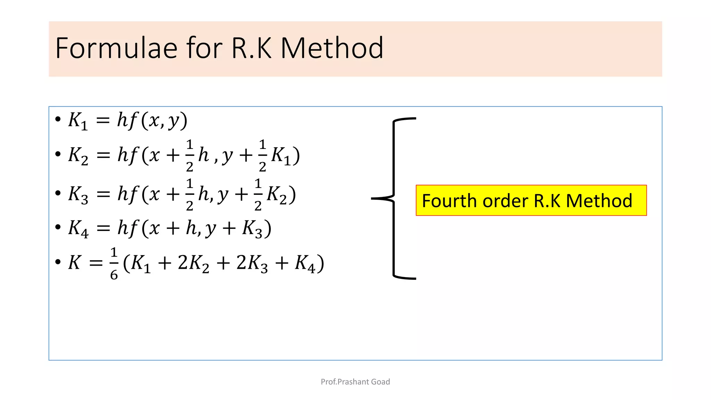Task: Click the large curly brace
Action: tap(394, 198)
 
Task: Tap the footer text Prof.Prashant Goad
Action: tap(355, 382)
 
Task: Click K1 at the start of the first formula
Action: tap(78, 121)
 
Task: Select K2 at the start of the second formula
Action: tap(78, 156)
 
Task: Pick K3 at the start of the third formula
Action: tap(78, 194)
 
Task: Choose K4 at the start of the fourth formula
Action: tap(78, 229)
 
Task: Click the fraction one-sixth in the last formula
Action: tap(114, 263)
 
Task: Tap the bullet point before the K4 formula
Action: tap(58, 227)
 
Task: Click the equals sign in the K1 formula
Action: tap(103, 120)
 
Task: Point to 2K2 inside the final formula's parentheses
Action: tap(193, 263)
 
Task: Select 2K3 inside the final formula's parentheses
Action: tap(252, 263)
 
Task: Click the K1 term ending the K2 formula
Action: tap(281, 156)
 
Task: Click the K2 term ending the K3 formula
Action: tap(277, 194)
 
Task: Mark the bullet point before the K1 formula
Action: tap(58, 119)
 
